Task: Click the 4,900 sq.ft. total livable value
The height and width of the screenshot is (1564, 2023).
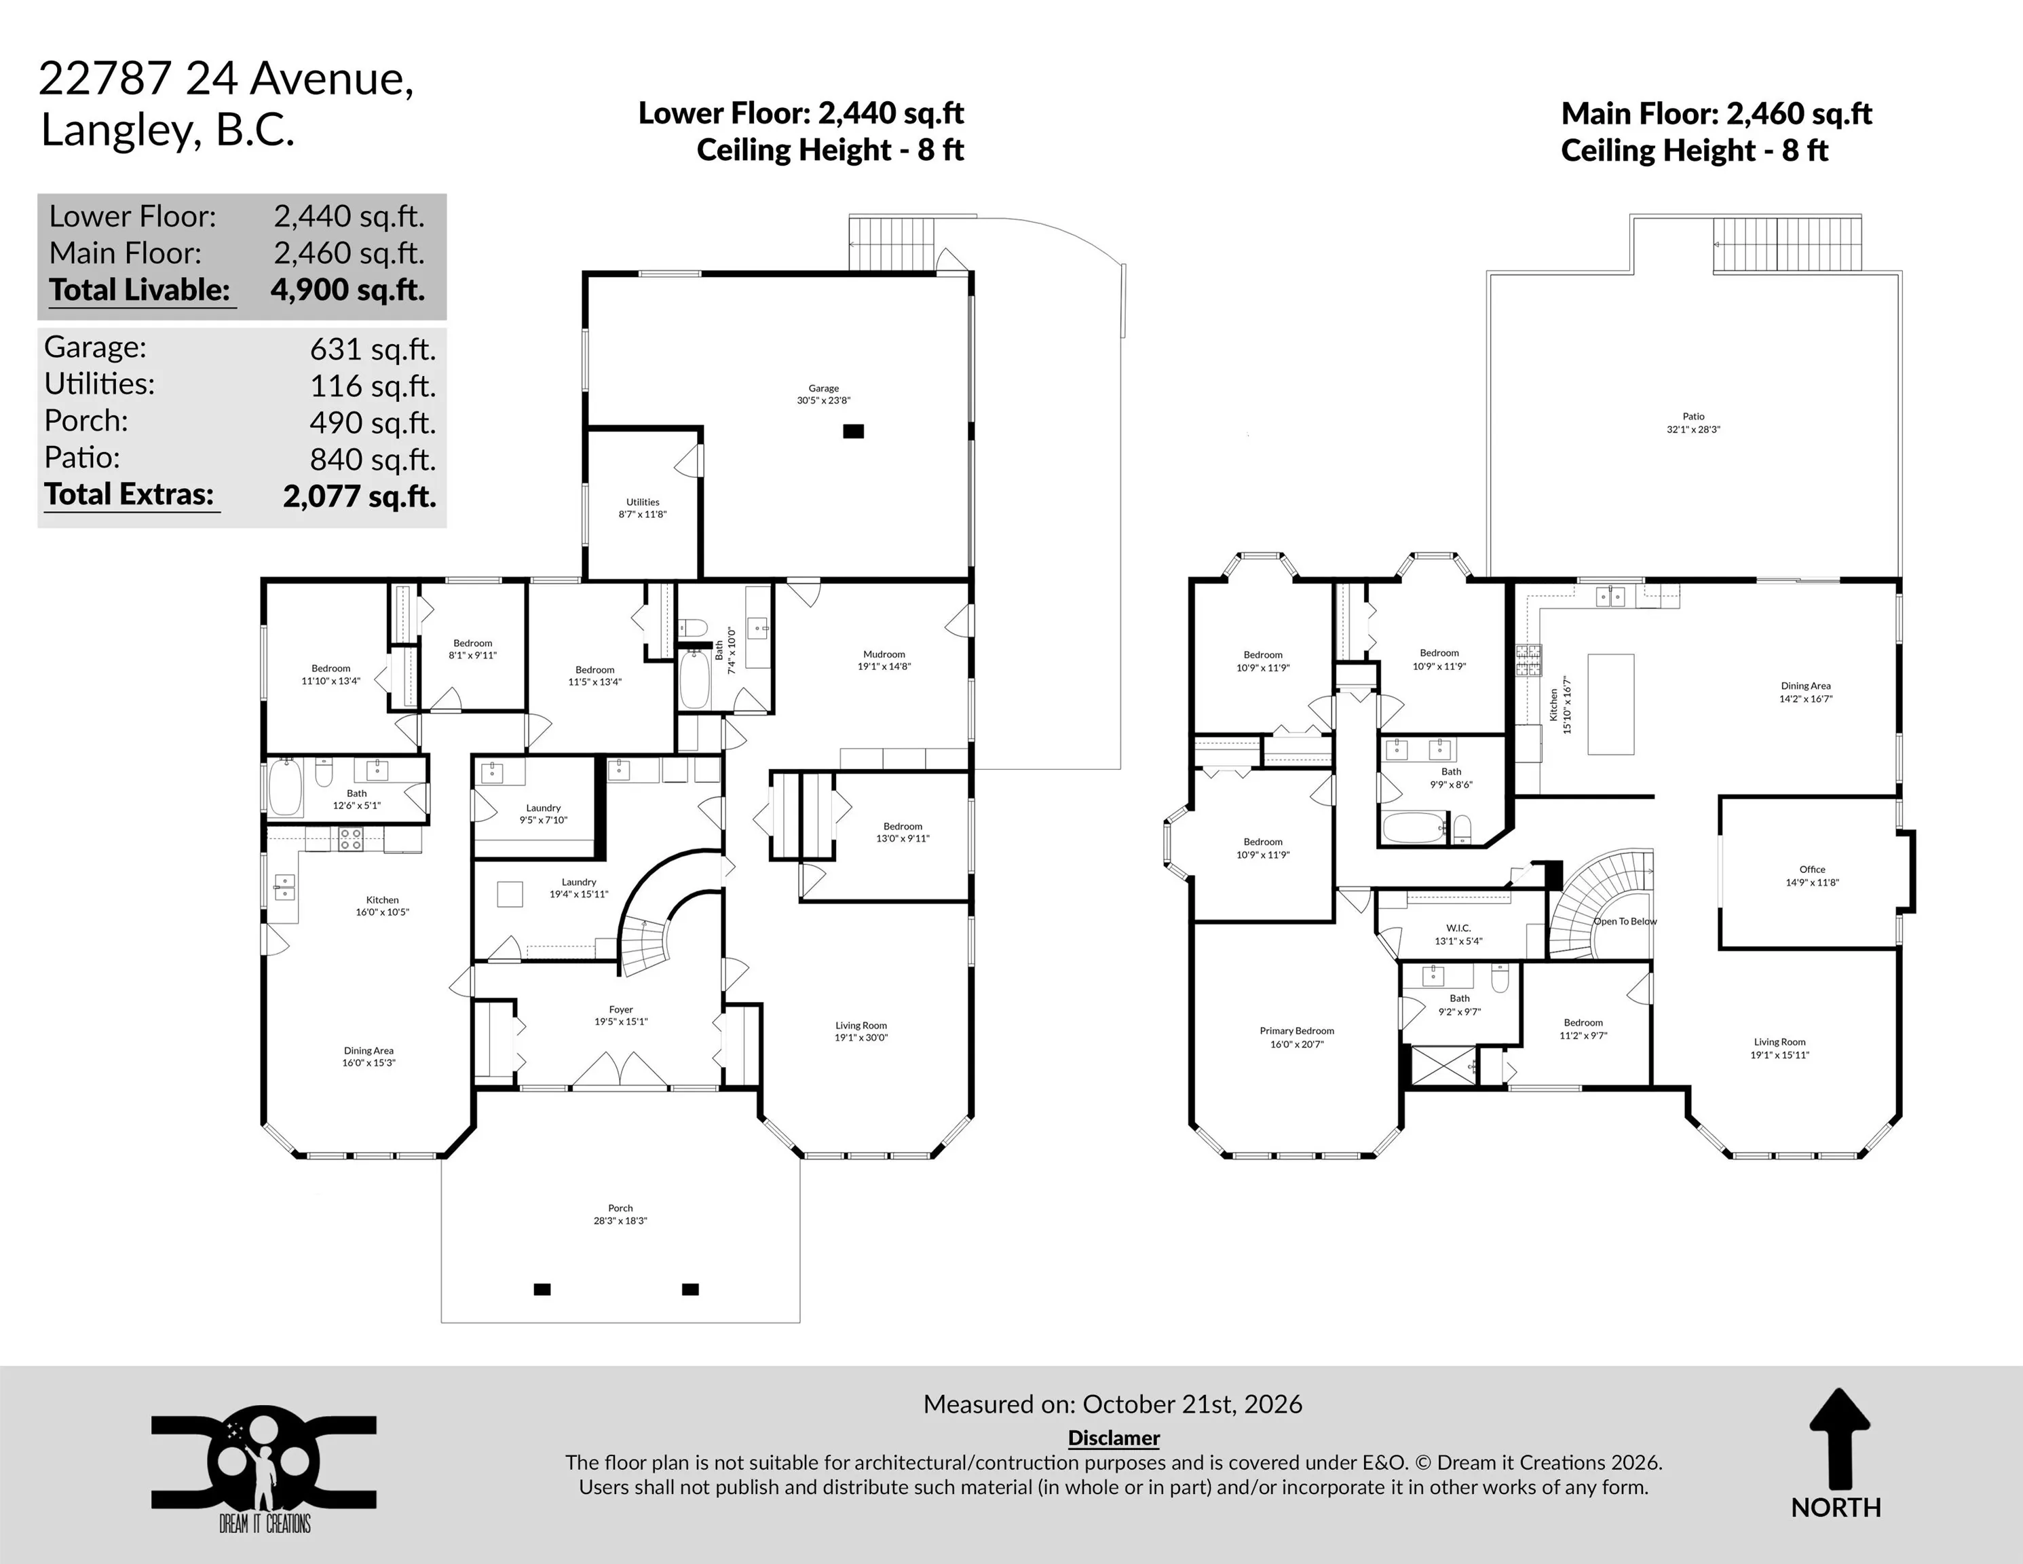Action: coord(348,290)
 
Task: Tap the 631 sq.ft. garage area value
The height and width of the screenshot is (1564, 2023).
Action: coord(373,350)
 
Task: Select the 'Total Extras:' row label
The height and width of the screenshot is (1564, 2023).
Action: coord(129,494)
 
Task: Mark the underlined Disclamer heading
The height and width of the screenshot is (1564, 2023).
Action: coord(1114,1437)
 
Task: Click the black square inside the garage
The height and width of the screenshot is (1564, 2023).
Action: coord(853,431)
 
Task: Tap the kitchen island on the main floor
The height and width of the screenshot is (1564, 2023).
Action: coord(1611,704)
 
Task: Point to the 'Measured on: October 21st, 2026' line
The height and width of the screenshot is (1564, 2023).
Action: coord(1112,1404)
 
